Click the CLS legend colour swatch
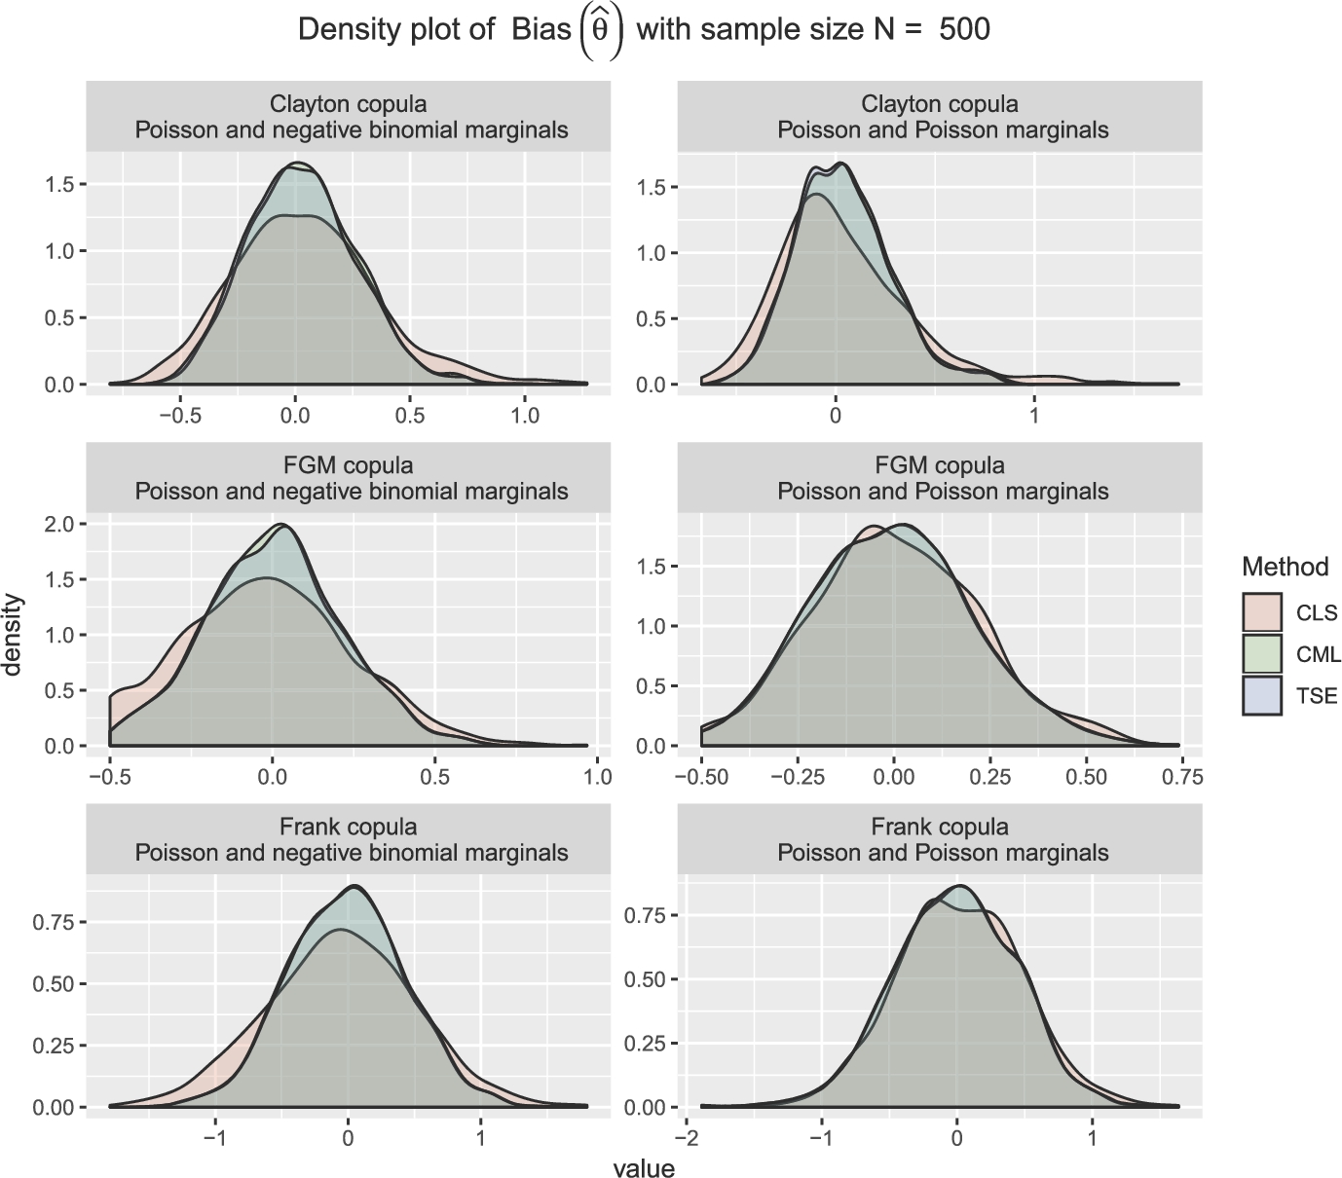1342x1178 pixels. [1262, 613]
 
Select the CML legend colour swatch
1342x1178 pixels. [1262, 654]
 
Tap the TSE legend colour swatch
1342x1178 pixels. [1262, 696]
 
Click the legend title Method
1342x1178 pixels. [1285, 567]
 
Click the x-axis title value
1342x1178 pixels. [644, 1167]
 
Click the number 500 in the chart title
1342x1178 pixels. [964, 29]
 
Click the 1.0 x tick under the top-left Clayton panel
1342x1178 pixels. [525, 416]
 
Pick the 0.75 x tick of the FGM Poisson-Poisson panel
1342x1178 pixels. [1182, 777]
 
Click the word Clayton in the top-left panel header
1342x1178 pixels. [305, 104]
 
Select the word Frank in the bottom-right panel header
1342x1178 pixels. [900, 828]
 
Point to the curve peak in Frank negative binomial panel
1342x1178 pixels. [355, 887]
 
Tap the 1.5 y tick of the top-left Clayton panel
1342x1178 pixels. [61, 184]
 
